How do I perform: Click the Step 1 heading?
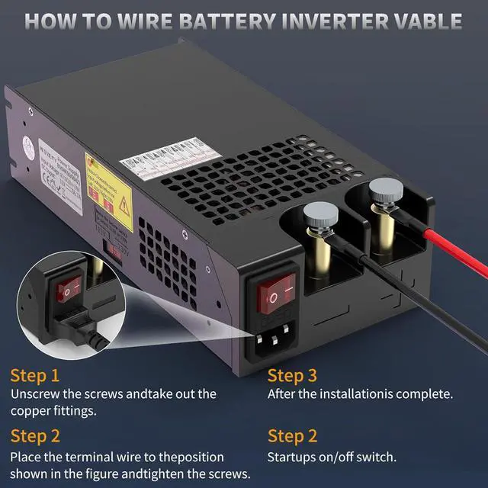coord(34,375)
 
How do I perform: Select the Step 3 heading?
coord(292,375)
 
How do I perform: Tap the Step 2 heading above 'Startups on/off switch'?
coord(292,436)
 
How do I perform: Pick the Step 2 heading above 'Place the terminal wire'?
coord(34,436)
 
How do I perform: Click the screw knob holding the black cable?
coord(316,215)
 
